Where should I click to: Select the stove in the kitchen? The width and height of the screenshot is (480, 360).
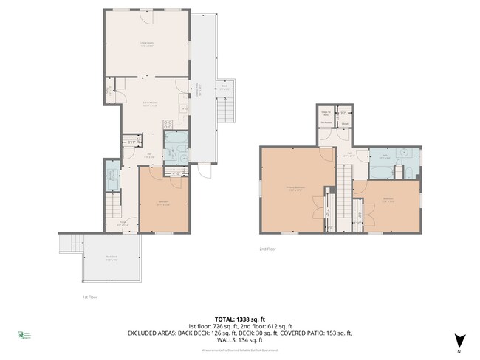pyautogui.click(x=168, y=124)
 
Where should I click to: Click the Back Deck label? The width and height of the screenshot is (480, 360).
pyautogui.click(x=111, y=259)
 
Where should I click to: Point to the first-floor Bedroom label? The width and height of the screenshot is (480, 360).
pyautogui.click(x=164, y=204)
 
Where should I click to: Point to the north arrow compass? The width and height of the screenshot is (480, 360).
pyautogui.click(x=460, y=340)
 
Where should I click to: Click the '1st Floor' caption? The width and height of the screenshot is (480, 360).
pyautogui.click(x=89, y=297)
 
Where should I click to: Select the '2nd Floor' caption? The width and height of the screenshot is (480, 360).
pyautogui.click(x=268, y=249)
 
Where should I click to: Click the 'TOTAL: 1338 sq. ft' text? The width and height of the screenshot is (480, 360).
pyautogui.click(x=239, y=319)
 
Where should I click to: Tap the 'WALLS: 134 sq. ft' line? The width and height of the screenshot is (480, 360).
pyautogui.click(x=240, y=340)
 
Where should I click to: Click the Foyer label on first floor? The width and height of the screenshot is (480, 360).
pyautogui.click(x=124, y=224)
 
